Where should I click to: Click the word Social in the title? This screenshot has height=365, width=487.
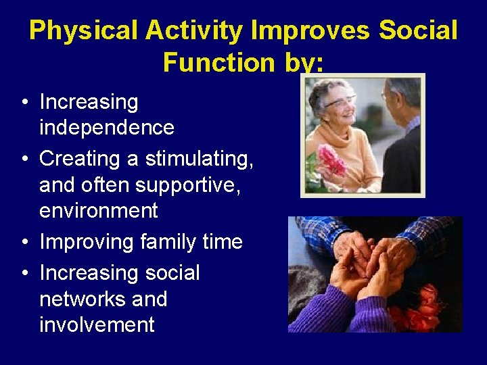(x=419, y=31)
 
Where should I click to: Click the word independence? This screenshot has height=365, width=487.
(x=107, y=128)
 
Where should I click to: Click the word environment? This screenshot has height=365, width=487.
(x=99, y=210)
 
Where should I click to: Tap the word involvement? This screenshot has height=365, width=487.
(x=97, y=324)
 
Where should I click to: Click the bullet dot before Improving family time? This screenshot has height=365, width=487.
(x=24, y=243)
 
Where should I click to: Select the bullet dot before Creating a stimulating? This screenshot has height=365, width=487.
(x=24, y=160)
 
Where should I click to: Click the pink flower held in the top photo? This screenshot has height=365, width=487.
(x=331, y=160)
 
